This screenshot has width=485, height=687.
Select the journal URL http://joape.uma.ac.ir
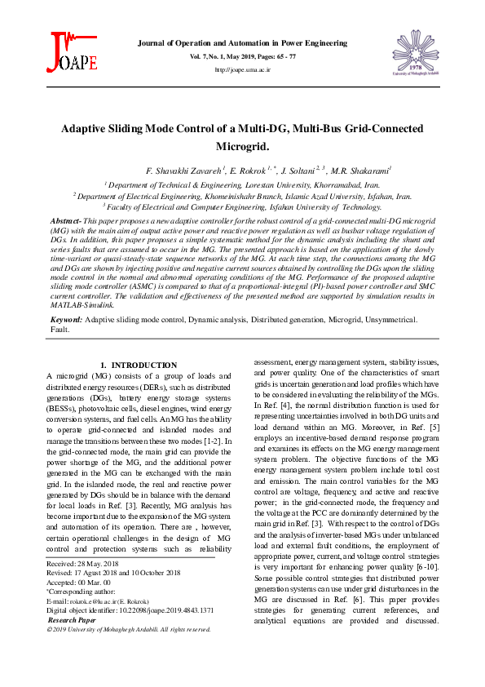click(x=242, y=70)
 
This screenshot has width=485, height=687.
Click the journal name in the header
click(x=242, y=42)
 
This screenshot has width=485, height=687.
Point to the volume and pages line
click(x=242, y=56)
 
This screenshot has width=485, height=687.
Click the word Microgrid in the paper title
click(x=241, y=147)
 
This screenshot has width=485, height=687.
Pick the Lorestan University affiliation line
click(x=242, y=185)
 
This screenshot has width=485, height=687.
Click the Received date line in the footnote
click(x=83, y=564)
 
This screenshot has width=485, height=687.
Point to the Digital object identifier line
click(x=130, y=609)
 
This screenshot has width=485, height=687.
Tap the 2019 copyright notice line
click(x=129, y=629)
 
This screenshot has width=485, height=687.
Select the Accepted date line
click(x=80, y=583)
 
